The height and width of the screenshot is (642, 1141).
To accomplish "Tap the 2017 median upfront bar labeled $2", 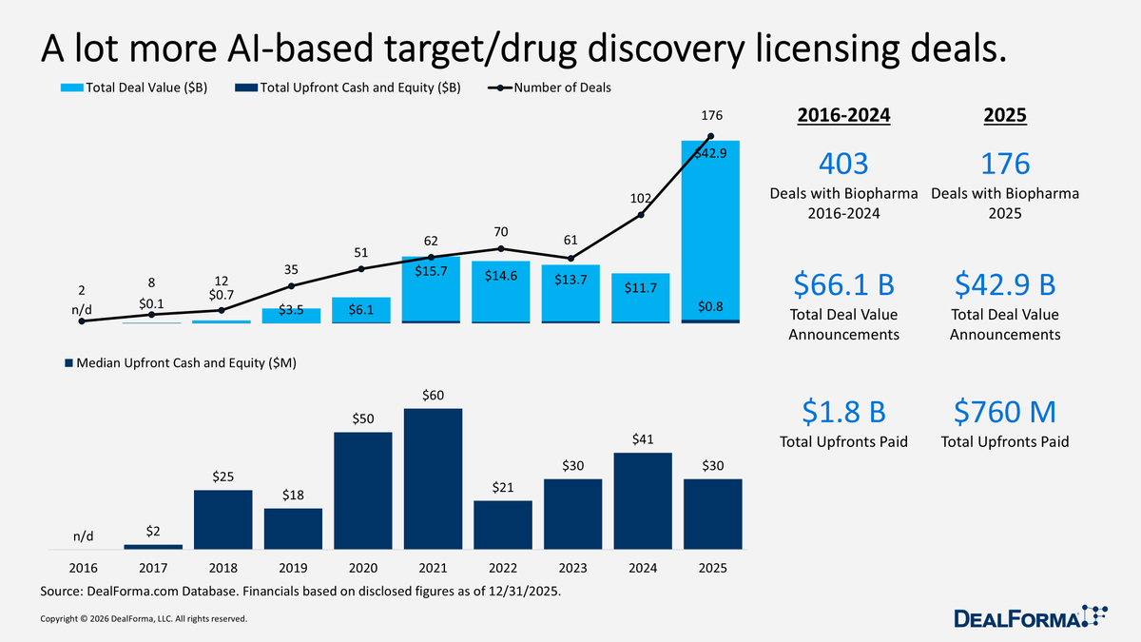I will pos(152,547).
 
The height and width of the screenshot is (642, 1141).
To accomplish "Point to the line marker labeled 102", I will pos(641,215).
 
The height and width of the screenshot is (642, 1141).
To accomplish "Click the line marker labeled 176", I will pos(711,136).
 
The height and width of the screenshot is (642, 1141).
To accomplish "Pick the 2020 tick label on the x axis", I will pos(362,568).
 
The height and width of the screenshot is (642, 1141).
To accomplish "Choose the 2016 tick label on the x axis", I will pos(82,568).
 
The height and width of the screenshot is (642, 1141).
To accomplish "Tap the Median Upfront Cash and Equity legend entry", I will pos(181,363).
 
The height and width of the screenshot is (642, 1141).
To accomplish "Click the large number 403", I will pos(843,164).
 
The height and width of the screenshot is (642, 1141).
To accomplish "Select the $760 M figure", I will pos(1005,413).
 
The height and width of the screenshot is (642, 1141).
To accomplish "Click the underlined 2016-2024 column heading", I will pos(843,116).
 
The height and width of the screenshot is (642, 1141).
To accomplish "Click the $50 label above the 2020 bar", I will pos(362,419).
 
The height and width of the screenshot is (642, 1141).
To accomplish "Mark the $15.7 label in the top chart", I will pos(433,272).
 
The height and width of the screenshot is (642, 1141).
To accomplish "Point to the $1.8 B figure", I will pos(843,413).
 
